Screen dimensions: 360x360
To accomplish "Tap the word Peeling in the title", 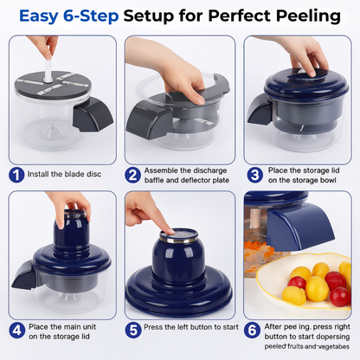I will coord(307,16).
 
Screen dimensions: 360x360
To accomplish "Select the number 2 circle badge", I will coord(132,175).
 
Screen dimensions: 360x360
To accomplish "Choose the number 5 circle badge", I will coord(132,330).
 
